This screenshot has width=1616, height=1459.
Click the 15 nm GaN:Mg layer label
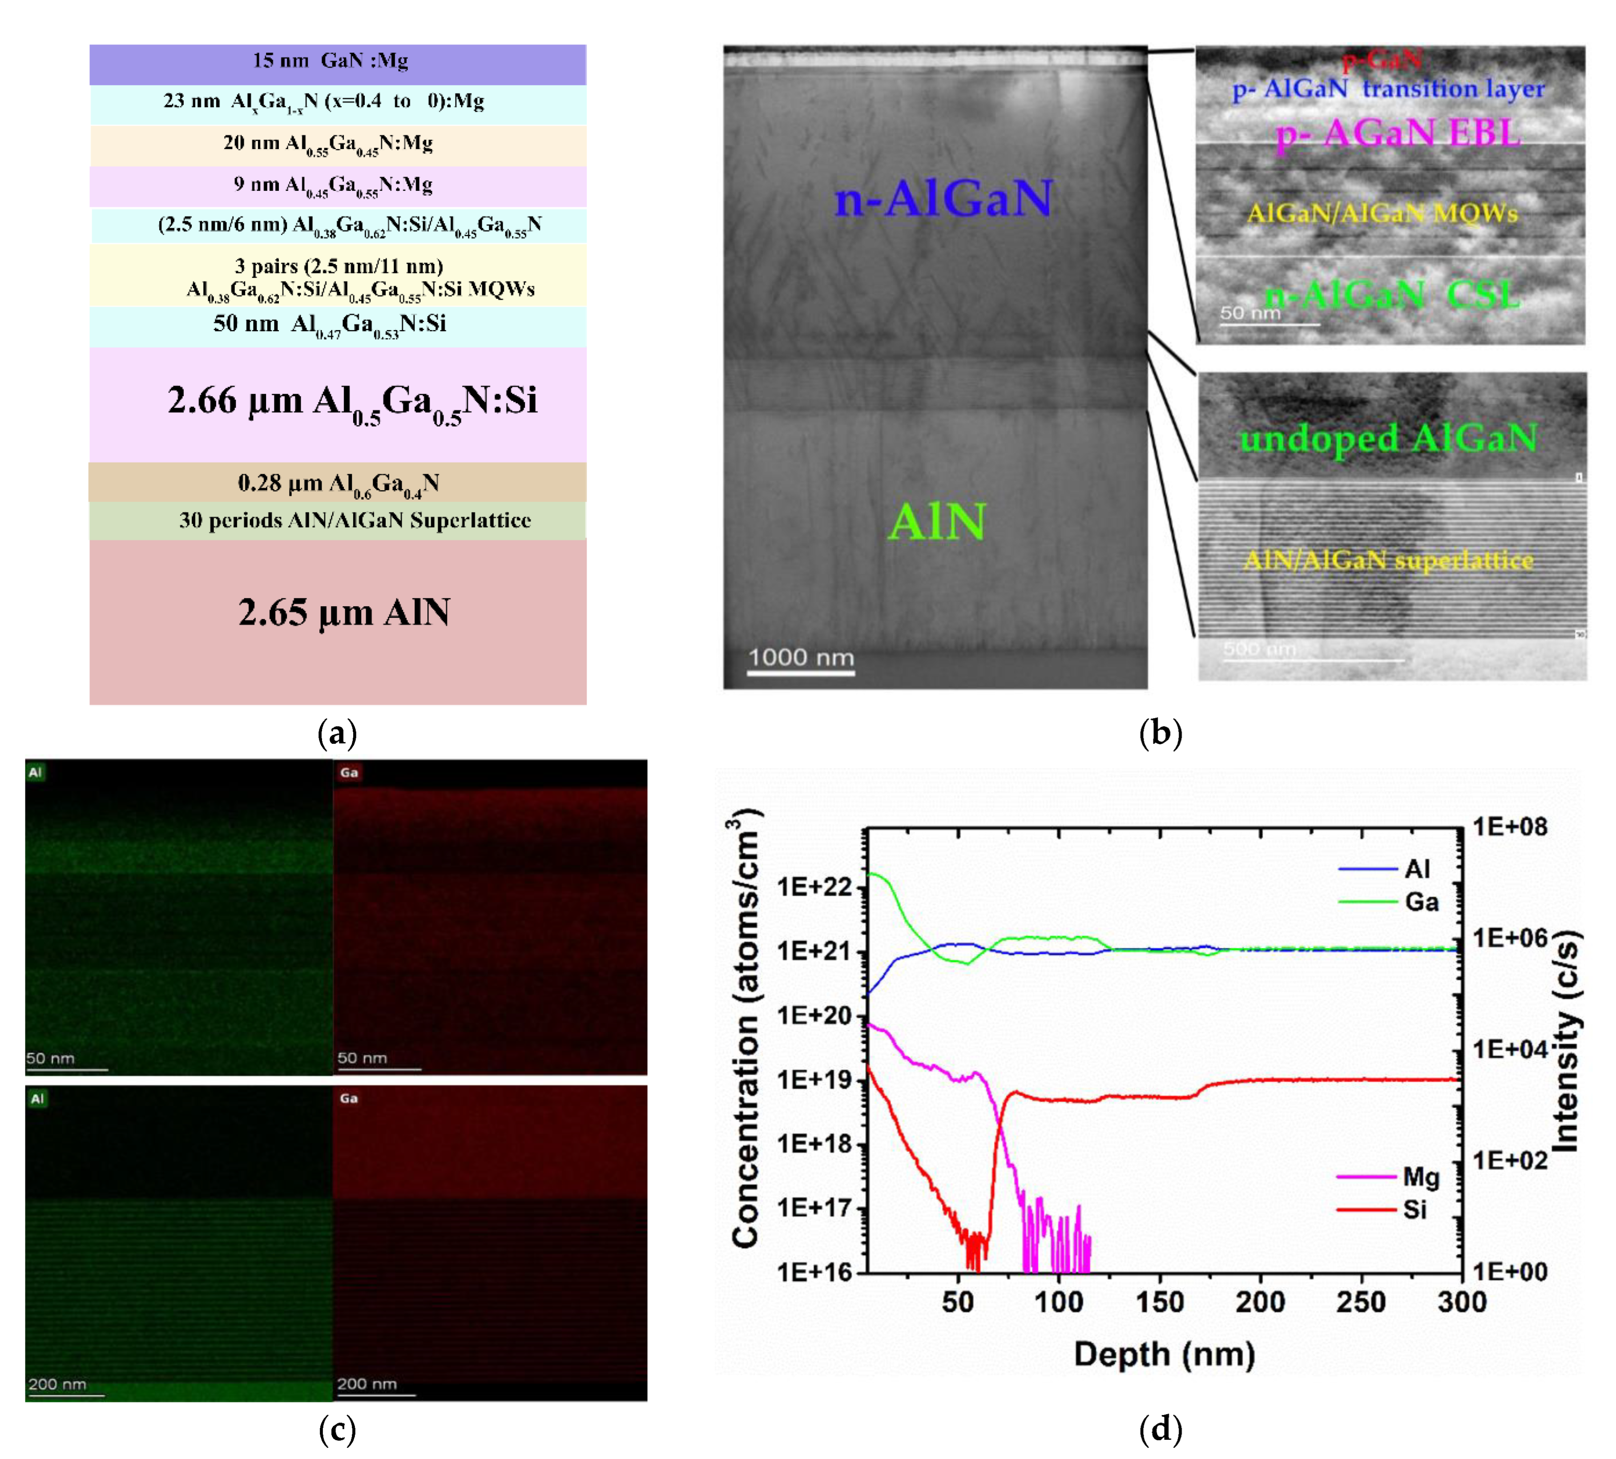[330, 61]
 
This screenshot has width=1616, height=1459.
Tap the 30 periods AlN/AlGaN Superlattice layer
[355, 521]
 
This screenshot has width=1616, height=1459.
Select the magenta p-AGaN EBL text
[1398, 133]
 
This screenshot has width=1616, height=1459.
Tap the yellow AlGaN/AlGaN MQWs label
[1382, 213]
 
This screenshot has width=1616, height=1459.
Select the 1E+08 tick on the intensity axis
[1510, 826]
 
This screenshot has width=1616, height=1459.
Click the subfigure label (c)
[337, 1429]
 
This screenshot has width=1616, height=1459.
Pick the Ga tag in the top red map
[349, 773]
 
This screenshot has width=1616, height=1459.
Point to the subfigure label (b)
[1160, 733]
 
